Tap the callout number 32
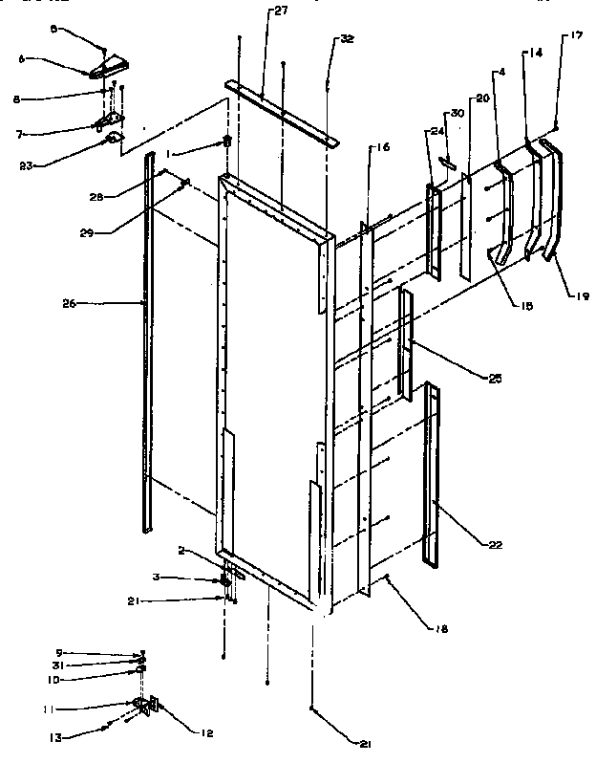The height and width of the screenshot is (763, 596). pos(346,39)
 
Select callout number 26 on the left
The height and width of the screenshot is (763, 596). pos(70,304)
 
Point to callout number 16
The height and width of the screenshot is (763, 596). pos(381,148)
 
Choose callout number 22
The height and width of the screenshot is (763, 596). pos(494,546)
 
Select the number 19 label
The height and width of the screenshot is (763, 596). pos(582,296)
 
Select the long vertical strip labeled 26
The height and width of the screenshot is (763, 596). pos(147,344)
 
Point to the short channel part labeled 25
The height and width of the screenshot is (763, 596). pos(406,344)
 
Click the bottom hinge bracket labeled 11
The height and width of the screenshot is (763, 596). pos(144,707)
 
